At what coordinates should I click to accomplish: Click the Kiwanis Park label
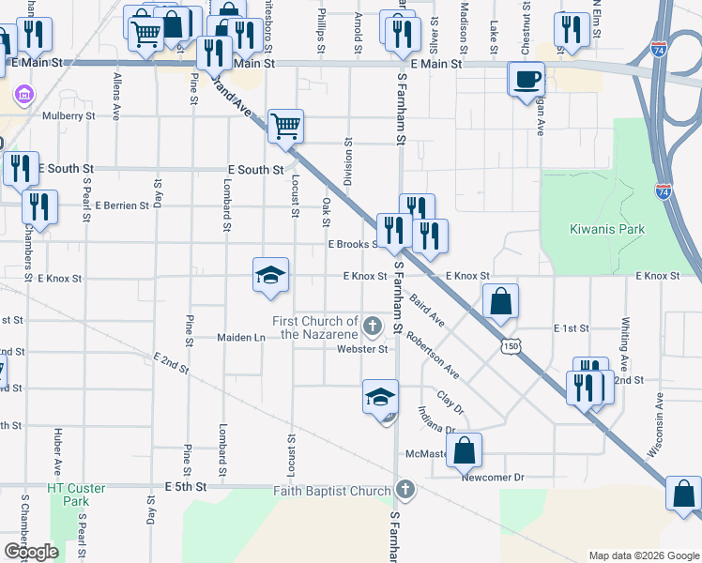(x=607, y=229)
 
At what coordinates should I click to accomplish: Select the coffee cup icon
(x=526, y=78)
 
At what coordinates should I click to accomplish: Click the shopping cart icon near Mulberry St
(x=285, y=125)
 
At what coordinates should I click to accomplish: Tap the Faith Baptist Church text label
(x=331, y=491)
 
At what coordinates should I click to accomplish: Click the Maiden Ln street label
(x=241, y=337)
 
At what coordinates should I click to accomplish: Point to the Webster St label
(x=363, y=350)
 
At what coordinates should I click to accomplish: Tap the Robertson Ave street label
(x=434, y=357)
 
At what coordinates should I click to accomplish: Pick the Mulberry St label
(x=69, y=116)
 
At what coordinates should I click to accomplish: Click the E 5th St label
(x=185, y=487)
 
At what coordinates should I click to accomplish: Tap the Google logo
(x=31, y=552)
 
